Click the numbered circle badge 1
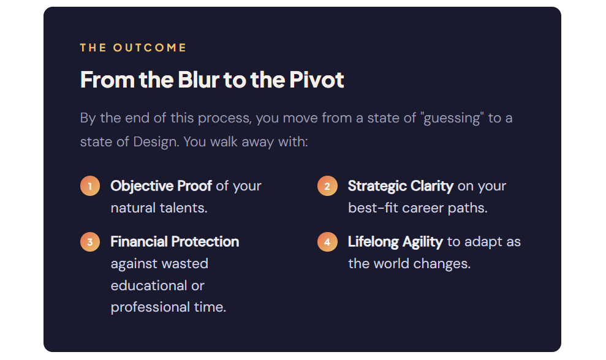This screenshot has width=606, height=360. pyautogui.click(x=90, y=186)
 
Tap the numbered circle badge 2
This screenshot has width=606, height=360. pyautogui.click(x=327, y=186)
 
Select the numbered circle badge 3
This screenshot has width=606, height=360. pyautogui.click(x=90, y=241)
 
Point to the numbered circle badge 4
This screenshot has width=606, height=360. pyautogui.click(x=327, y=241)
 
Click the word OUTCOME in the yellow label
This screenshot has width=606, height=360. pyautogui.click(x=150, y=48)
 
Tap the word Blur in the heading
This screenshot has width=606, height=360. pyautogui.click(x=199, y=80)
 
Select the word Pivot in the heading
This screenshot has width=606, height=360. pyautogui.click(x=317, y=80)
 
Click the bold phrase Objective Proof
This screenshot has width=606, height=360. pyautogui.click(x=161, y=186)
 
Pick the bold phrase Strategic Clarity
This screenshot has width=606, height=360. pyautogui.click(x=400, y=186)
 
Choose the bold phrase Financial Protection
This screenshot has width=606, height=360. pyautogui.click(x=175, y=241)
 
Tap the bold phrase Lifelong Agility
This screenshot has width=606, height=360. pyautogui.click(x=395, y=242)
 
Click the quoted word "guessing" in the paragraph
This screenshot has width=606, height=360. pyautogui.click(x=452, y=118)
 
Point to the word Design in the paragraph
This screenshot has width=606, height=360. pyautogui.click(x=156, y=142)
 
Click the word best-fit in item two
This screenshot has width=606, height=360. pyautogui.click(x=373, y=208)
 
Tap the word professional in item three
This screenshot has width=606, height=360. pyautogui.click(x=150, y=307)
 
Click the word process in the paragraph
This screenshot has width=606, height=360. pyautogui.click(x=224, y=118)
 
